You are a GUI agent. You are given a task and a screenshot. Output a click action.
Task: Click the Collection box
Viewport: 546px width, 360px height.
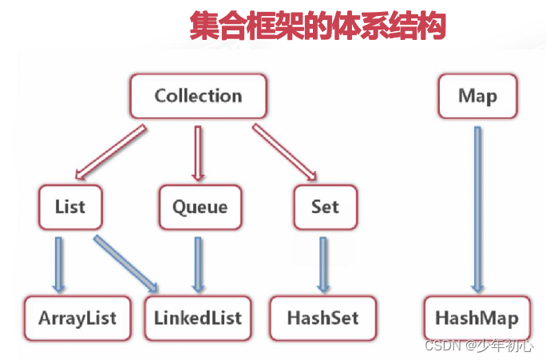[x=198, y=97]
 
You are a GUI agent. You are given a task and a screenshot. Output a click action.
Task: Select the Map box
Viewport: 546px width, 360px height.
[x=477, y=97]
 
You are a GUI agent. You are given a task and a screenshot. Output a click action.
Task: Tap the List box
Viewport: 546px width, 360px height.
[x=70, y=207]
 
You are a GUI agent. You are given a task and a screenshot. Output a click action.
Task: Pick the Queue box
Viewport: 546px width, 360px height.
[x=200, y=207]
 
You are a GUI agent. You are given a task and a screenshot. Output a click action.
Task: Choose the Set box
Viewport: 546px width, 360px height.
[x=325, y=207]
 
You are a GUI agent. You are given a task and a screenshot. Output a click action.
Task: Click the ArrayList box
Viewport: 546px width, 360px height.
[x=77, y=317]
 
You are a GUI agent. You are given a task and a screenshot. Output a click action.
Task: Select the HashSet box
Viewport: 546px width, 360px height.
[x=322, y=317]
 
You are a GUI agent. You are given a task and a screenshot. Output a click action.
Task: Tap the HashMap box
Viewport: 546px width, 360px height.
[x=477, y=318]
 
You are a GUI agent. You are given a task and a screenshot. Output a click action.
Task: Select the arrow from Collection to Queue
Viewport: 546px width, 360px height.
[x=199, y=151]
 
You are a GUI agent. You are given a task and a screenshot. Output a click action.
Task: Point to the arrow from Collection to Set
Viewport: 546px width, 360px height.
[x=283, y=151]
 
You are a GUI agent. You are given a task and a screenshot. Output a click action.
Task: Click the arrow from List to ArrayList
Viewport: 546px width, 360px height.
[x=59, y=263]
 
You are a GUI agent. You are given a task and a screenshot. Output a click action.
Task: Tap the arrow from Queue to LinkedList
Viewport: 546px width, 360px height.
[x=198, y=263]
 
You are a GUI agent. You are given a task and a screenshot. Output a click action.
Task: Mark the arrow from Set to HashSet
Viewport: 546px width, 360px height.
[x=322, y=263]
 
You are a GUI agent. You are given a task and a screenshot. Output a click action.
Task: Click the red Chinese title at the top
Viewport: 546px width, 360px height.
[x=317, y=26]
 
